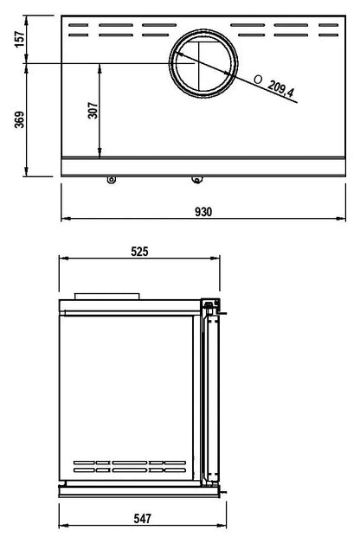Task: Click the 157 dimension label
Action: pyautogui.click(x=20, y=40)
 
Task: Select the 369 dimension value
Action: pyautogui.click(x=20, y=119)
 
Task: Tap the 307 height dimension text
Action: pyautogui.click(x=93, y=111)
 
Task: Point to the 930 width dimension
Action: pyautogui.click(x=203, y=212)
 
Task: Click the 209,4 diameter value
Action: pyautogui.click(x=281, y=89)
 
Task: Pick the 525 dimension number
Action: pyautogui.click(x=139, y=252)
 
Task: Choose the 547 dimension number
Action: pyautogui.click(x=142, y=518)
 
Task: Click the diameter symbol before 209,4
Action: pyautogui.click(x=258, y=80)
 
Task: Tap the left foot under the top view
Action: pyautogui.click(x=111, y=180)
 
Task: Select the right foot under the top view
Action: pyautogui.click(x=196, y=180)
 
